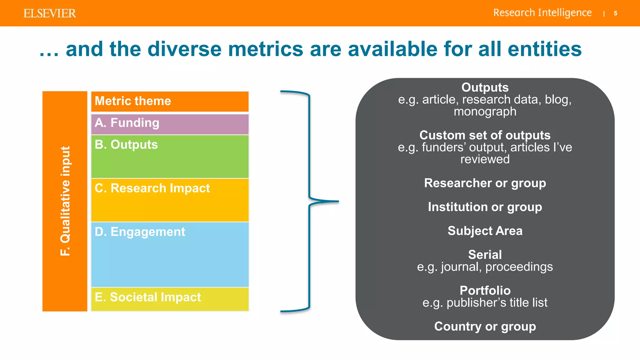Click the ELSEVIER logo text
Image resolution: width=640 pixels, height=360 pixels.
point(49,13)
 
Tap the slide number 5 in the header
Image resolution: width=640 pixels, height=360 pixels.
point(615,13)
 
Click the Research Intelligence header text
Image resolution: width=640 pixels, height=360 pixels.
point(542,13)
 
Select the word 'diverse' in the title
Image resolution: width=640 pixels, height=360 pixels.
point(184,49)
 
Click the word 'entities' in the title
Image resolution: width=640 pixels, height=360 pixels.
point(544,49)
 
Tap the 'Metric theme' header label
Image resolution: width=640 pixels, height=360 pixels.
point(133,101)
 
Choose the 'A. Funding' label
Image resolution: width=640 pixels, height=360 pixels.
point(127,123)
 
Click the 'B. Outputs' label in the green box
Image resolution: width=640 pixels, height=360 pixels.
point(126,145)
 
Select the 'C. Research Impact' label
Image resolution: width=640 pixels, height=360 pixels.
point(152,188)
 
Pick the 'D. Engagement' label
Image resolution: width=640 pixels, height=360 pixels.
point(140,232)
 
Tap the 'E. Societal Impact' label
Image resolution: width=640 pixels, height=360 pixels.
point(147,297)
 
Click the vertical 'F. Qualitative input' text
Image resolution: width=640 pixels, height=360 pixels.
point(65,201)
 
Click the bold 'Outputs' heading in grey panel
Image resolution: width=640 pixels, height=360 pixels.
point(485,87)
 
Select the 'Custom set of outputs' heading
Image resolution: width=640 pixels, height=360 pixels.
point(485,135)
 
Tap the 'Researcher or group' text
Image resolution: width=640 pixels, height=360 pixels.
point(485,183)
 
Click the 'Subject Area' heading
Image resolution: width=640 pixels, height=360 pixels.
point(485,231)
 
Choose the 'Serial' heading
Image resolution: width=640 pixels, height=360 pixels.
point(485,255)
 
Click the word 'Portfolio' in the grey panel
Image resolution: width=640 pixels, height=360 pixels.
point(485,291)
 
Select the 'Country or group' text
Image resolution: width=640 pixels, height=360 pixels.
point(485,327)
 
